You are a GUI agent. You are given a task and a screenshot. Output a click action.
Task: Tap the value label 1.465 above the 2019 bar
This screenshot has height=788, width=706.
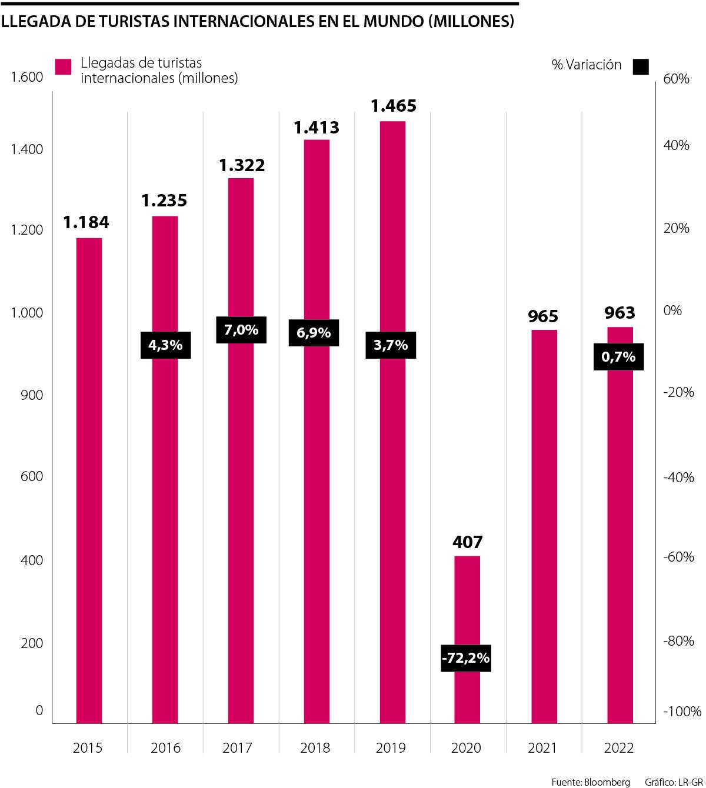393,106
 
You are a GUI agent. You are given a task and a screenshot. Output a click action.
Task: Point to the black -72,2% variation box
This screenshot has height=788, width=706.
465,658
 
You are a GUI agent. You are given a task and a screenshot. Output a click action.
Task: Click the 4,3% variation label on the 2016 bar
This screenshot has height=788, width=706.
165,345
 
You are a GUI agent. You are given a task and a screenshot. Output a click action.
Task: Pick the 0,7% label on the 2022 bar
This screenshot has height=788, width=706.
618,356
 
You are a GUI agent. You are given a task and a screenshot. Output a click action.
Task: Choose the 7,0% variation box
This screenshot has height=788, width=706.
241,330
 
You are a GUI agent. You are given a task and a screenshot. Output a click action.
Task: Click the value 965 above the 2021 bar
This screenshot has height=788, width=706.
542,316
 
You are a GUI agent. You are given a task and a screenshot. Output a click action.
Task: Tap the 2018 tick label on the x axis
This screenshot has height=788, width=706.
315,748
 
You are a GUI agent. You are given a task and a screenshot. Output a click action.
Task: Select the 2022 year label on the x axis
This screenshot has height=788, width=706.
619,748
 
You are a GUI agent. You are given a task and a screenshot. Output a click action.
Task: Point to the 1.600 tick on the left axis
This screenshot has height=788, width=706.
27,77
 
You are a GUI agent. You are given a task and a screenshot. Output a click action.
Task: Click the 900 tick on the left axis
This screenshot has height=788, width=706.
32,395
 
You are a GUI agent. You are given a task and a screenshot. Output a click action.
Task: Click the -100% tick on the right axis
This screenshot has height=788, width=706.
682,712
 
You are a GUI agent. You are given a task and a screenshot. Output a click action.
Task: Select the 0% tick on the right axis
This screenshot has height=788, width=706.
672,310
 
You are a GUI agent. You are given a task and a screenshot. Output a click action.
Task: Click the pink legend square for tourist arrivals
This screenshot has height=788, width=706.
64,66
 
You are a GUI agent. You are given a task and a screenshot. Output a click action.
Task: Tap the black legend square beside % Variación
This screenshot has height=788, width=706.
641,66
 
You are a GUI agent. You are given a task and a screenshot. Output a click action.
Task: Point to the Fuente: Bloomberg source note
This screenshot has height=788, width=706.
591,782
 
